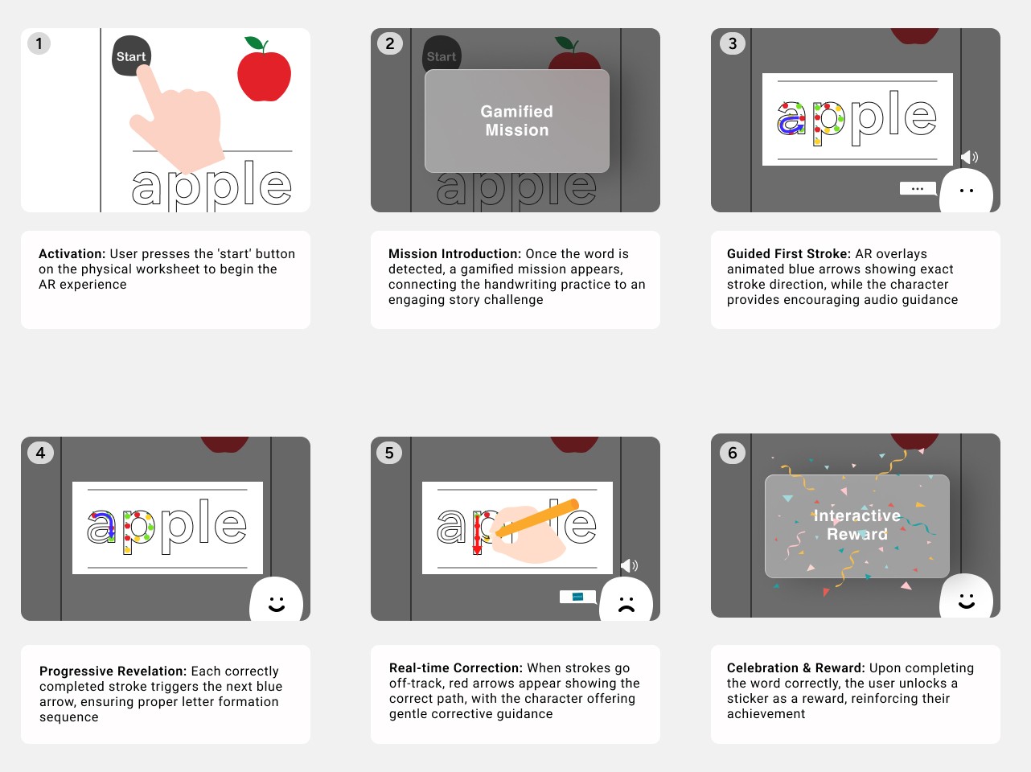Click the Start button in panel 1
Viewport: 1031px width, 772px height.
coord(131,55)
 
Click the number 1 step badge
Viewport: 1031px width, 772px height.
coord(39,43)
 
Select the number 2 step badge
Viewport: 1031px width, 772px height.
coord(390,43)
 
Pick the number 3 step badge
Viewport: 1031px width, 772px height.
coord(733,43)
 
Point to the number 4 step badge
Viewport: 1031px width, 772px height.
coord(40,453)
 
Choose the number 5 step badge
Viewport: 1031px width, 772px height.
coord(389,453)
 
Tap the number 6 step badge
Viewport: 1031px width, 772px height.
coord(733,453)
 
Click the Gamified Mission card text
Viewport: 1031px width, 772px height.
coord(516,121)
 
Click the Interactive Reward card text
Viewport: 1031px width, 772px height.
coord(856,525)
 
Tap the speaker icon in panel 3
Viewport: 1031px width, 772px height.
coord(969,157)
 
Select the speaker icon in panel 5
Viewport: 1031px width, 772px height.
coord(629,565)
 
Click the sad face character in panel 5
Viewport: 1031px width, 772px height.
coord(626,600)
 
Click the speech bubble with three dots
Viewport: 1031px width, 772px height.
coord(918,189)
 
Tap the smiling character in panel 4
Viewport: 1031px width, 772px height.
coord(276,600)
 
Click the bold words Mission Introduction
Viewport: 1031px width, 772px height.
coord(454,254)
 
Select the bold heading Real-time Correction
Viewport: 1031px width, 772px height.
coord(456,667)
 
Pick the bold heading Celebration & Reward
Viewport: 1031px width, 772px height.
coord(795,667)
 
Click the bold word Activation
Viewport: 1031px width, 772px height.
coord(72,254)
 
